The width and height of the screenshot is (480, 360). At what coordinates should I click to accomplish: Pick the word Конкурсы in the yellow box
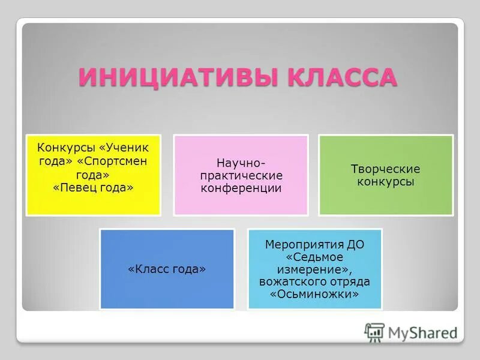[65, 148]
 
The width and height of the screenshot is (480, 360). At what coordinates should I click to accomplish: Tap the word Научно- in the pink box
[240, 163]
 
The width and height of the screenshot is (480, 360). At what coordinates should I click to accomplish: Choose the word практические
[241, 175]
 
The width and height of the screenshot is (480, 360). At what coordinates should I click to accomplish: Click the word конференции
[241, 188]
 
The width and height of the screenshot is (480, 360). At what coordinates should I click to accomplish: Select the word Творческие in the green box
[385, 169]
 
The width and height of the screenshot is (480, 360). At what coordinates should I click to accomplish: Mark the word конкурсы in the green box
[385, 182]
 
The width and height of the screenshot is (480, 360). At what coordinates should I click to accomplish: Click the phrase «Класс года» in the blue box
[167, 269]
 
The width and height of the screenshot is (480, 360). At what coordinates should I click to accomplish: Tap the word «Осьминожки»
[314, 295]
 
